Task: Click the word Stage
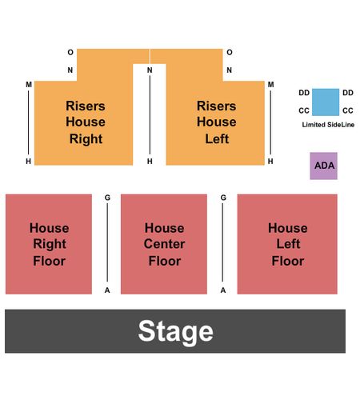coord(175,331)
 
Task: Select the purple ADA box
coord(323,166)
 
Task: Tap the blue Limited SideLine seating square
coord(326,102)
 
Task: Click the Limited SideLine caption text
coord(328,125)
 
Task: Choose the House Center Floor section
coord(164,244)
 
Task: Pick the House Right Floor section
coord(49,244)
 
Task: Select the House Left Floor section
coord(287,244)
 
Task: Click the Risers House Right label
coord(86,122)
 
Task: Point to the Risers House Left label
coord(217,122)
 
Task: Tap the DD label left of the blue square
coord(304,93)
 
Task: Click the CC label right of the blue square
coord(348,110)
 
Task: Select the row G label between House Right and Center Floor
coord(107,198)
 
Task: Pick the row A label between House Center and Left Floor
coord(223,290)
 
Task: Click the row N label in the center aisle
coord(150,70)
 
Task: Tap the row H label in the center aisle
coord(150,162)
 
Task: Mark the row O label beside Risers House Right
coord(70,52)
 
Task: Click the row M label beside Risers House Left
coord(270,85)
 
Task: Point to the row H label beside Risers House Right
coord(28,162)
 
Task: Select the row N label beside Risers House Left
coord(229,70)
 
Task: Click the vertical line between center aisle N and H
coord(150,115)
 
